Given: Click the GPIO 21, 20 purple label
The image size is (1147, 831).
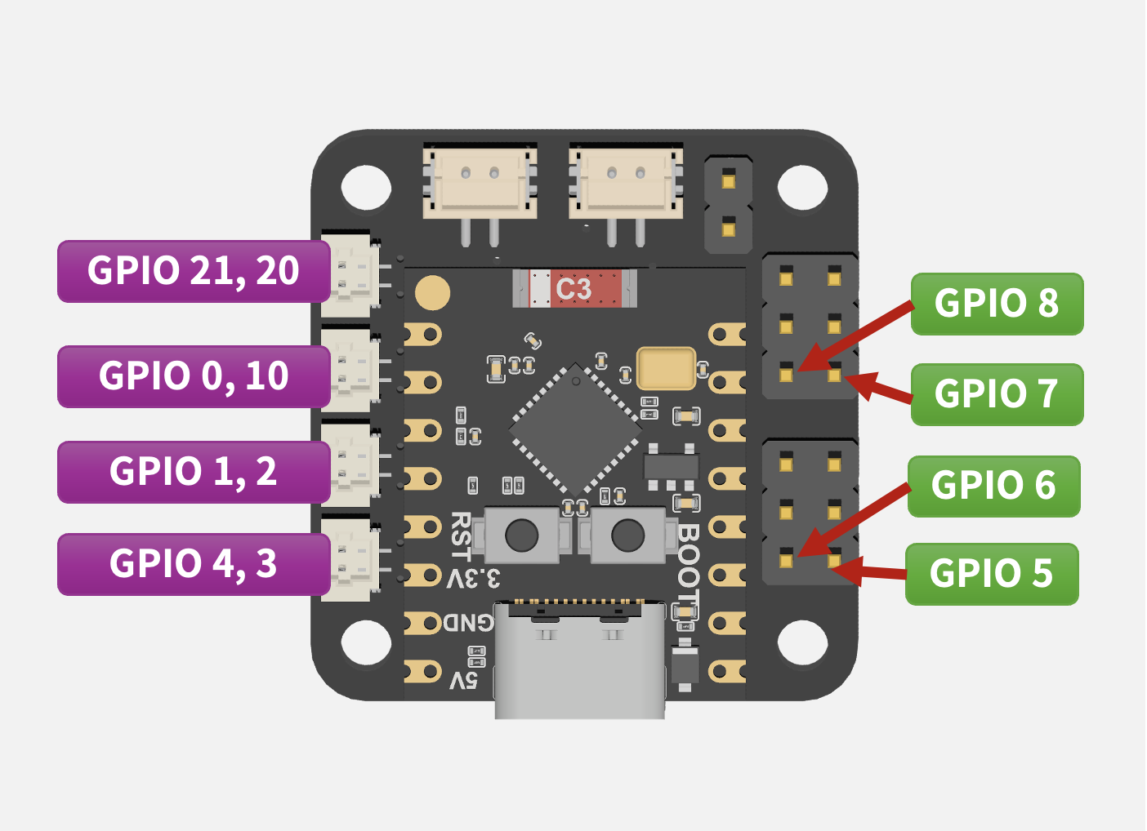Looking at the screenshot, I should (x=194, y=271).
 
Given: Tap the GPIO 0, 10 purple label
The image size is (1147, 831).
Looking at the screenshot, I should (x=194, y=376).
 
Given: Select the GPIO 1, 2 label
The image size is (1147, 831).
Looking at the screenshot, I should (x=194, y=472).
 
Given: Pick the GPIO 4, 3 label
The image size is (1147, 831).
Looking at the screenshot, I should (x=194, y=564).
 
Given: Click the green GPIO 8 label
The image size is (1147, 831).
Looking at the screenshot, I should (x=997, y=304).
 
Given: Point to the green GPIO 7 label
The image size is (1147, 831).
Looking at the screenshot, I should (x=997, y=394).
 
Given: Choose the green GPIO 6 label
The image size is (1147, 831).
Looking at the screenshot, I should (x=993, y=486).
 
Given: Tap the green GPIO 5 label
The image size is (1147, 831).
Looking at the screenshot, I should (x=992, y=574).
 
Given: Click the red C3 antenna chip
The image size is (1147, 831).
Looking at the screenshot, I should (x=574, y=289).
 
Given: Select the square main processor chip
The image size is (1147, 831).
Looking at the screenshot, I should (x=575, y=429).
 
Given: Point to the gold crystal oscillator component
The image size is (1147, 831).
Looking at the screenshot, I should (x=666, y=368).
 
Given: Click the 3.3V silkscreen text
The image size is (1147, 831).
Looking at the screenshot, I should (x=474, y=579).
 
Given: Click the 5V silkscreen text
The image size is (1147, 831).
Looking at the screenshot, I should (x=463, y=679).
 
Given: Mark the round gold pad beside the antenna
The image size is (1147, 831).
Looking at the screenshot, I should (x=432, y=293).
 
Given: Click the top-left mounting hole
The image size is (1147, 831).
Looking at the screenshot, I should (x=366, y=187).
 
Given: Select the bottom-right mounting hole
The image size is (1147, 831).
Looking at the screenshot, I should (x=802, y=642).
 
